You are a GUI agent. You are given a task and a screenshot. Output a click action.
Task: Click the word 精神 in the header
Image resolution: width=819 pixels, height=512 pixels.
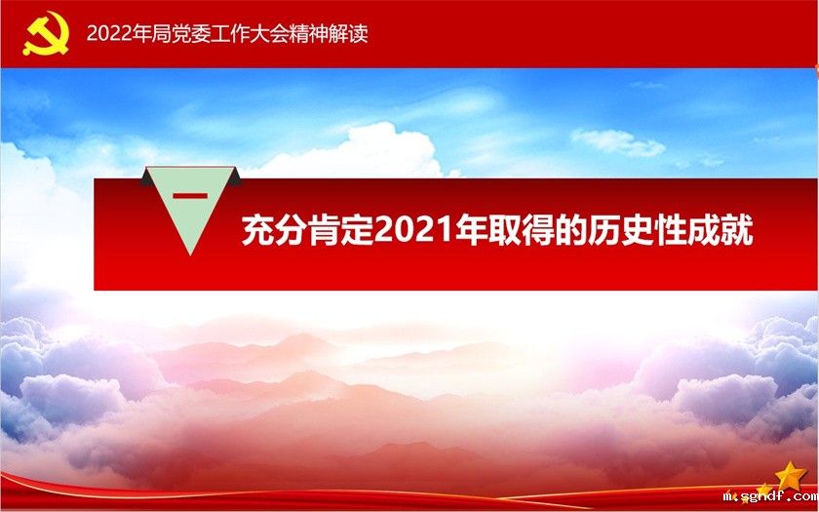pos(309,34)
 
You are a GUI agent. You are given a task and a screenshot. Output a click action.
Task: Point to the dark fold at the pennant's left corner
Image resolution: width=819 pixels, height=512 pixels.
pos(148,177)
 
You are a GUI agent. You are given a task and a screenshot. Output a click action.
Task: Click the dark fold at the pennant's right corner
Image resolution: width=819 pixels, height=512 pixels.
pos(235,177)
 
